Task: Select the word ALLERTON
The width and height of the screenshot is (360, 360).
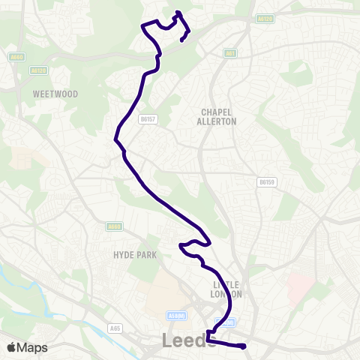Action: coord(217,121)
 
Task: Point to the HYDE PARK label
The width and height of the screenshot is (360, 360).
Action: coord(135,255)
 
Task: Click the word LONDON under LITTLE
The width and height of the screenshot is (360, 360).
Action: coord(226,294)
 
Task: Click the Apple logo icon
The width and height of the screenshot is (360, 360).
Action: coord(10,348)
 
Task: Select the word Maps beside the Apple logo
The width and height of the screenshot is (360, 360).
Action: coord(33,348)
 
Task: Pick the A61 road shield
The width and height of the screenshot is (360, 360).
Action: coord(231,53)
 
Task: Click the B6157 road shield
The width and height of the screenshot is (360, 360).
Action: coord(148,118)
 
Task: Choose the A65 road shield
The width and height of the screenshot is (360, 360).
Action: coord(115,328)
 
